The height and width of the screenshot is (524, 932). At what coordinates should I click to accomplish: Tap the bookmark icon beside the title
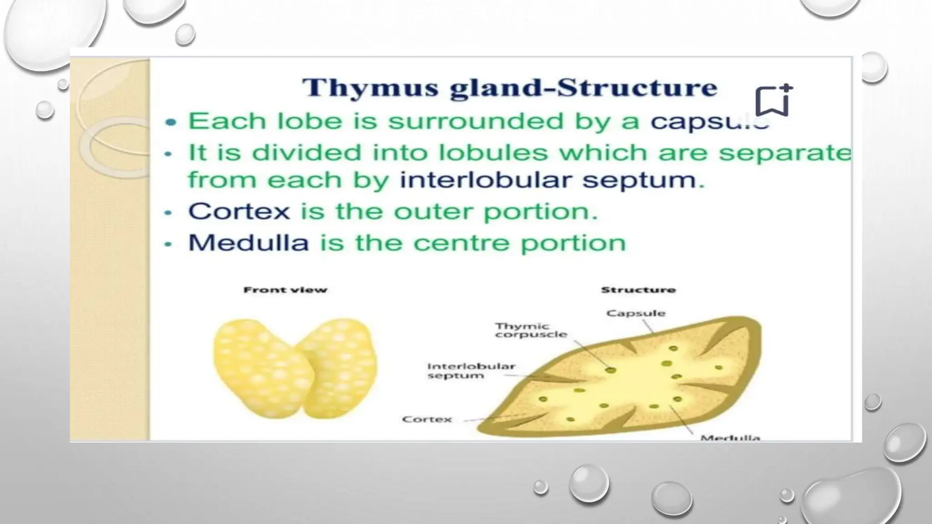pos(773,101)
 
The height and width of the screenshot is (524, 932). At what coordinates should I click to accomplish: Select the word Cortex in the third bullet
pos(239,212)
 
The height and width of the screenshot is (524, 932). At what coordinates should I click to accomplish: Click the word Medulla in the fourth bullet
pos(248,242)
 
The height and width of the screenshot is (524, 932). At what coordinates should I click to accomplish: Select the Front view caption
pos(285,290)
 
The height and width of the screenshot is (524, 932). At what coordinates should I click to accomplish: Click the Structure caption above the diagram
pos(638,290)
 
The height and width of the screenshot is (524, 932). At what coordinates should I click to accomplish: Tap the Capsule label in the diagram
pos(636,313)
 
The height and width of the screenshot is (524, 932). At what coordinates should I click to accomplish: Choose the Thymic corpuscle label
pos(531,331)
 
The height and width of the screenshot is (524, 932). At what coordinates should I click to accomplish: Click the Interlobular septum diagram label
pos(471,371)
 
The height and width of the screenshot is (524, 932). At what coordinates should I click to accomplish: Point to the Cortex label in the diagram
pos(427,419)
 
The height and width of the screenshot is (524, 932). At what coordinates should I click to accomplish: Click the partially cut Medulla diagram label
pos(730,438)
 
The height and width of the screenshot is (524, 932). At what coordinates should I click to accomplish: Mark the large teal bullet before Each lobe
pos(171,122)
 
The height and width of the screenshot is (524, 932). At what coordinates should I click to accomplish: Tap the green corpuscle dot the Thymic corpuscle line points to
pos(611,370)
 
